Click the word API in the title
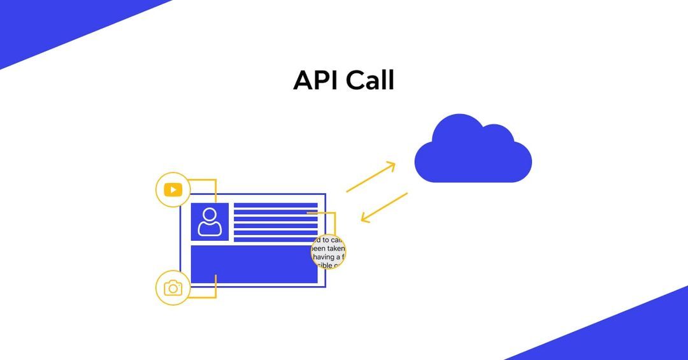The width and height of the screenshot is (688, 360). pos(315,81)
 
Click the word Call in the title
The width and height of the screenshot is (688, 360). pos(370,81)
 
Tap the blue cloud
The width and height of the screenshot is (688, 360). pos(473,153)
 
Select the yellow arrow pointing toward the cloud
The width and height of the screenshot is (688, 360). pos(369,178)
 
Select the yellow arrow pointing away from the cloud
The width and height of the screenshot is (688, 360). pos(384,207)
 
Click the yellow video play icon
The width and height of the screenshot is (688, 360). pos(173,190)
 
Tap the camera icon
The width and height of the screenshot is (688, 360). pos(173,288)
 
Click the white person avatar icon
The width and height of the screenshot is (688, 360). pos(210,222)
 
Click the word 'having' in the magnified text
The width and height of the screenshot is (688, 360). pos(326,257)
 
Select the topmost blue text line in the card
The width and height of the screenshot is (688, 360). pos(275,205)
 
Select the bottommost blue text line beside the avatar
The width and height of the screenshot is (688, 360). pos(275,239)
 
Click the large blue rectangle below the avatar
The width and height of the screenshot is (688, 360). pos(254,265)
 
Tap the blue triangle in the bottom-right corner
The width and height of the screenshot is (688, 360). pos(631,335)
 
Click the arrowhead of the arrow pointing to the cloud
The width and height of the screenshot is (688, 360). pos(391,166)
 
